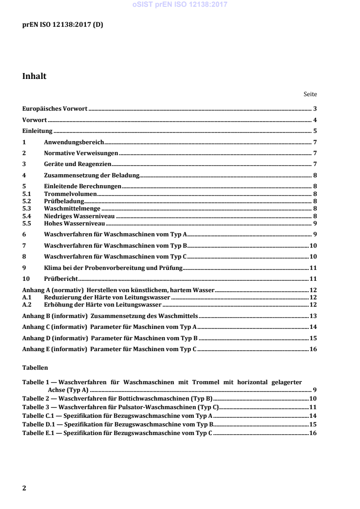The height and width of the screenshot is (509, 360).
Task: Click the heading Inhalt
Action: (35, 77)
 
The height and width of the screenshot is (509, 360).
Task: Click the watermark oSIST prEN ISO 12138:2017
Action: (180, 5)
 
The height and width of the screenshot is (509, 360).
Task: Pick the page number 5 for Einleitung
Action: (315, 132)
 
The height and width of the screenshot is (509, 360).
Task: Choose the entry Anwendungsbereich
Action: (74, 142)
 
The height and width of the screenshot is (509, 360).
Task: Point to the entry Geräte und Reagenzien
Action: (78, 164)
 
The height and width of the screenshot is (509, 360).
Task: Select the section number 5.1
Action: (27, 193)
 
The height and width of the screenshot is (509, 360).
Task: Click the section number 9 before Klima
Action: (24, 267)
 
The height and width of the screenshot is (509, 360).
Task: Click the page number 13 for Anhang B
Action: (313, 316)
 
